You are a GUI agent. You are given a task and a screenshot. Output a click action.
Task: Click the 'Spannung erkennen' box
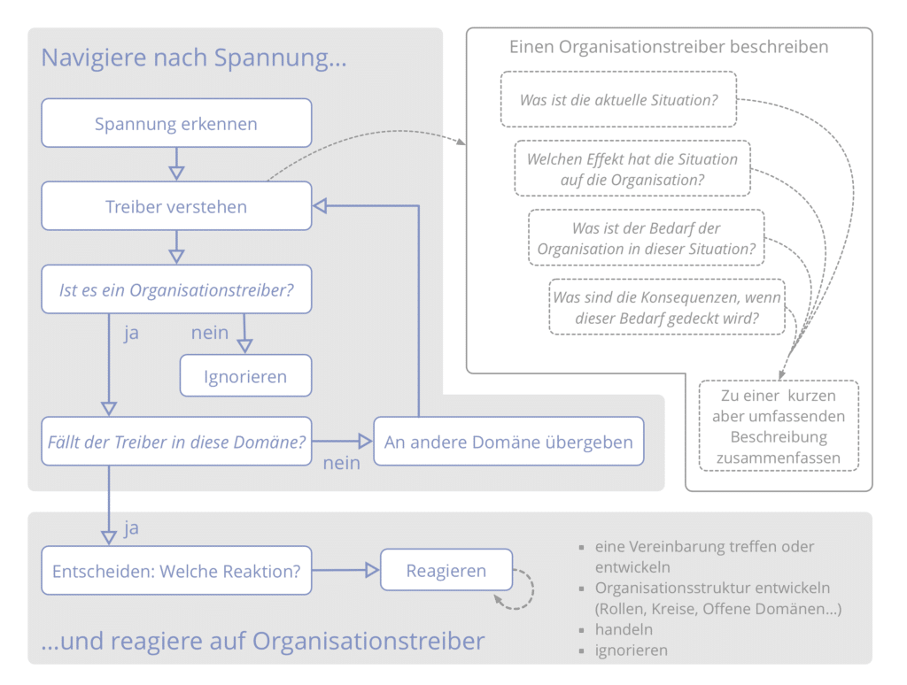(x=176, y=123)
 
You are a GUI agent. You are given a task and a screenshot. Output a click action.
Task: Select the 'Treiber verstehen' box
(x=176, y=206)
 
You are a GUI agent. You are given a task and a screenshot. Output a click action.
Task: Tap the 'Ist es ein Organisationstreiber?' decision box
(x=176, y=289)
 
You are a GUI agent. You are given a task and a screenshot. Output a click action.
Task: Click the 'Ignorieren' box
(x=245, y=376)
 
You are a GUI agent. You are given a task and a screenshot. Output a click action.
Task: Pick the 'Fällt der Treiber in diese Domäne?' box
(x=176, y=442)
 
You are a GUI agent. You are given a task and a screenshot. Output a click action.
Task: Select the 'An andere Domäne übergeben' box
(x=508, y=442)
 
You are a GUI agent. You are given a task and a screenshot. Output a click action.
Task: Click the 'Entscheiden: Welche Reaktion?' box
(x=176, y=571)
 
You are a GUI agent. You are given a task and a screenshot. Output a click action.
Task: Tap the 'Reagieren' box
(x=446, y=571)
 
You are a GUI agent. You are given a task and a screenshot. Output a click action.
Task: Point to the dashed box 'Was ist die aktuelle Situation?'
(x=618, y=100)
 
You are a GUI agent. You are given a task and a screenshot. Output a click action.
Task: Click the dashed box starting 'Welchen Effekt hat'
(x=632, y=169)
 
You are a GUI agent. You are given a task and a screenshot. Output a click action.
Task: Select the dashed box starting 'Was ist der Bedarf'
(x=647, y=238)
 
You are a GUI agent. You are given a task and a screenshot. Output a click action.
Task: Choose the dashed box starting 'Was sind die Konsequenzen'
(x=667, y=307)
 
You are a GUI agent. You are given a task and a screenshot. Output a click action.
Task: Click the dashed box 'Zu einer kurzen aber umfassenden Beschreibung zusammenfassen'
(x=779, y=426)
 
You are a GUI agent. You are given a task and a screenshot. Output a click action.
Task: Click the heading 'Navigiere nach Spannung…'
(x=194, y=58)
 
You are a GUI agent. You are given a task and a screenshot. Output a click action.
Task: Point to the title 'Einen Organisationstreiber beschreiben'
(x=669, y=47)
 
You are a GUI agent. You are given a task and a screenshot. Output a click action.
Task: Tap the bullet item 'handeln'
(x=624, y=629)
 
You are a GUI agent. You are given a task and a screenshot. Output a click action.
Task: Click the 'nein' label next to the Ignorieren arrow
(x=210, y=333)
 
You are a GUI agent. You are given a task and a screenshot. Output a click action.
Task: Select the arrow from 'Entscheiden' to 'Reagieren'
(x=345, y=571)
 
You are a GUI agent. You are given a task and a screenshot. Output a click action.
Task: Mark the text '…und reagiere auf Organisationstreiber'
(x=263, y=641)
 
